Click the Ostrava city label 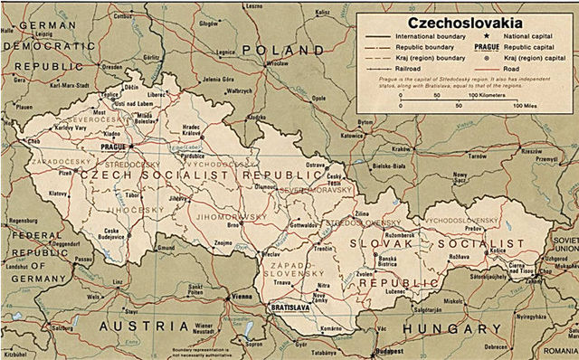pos(314,166)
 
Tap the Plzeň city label pos(66,171)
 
